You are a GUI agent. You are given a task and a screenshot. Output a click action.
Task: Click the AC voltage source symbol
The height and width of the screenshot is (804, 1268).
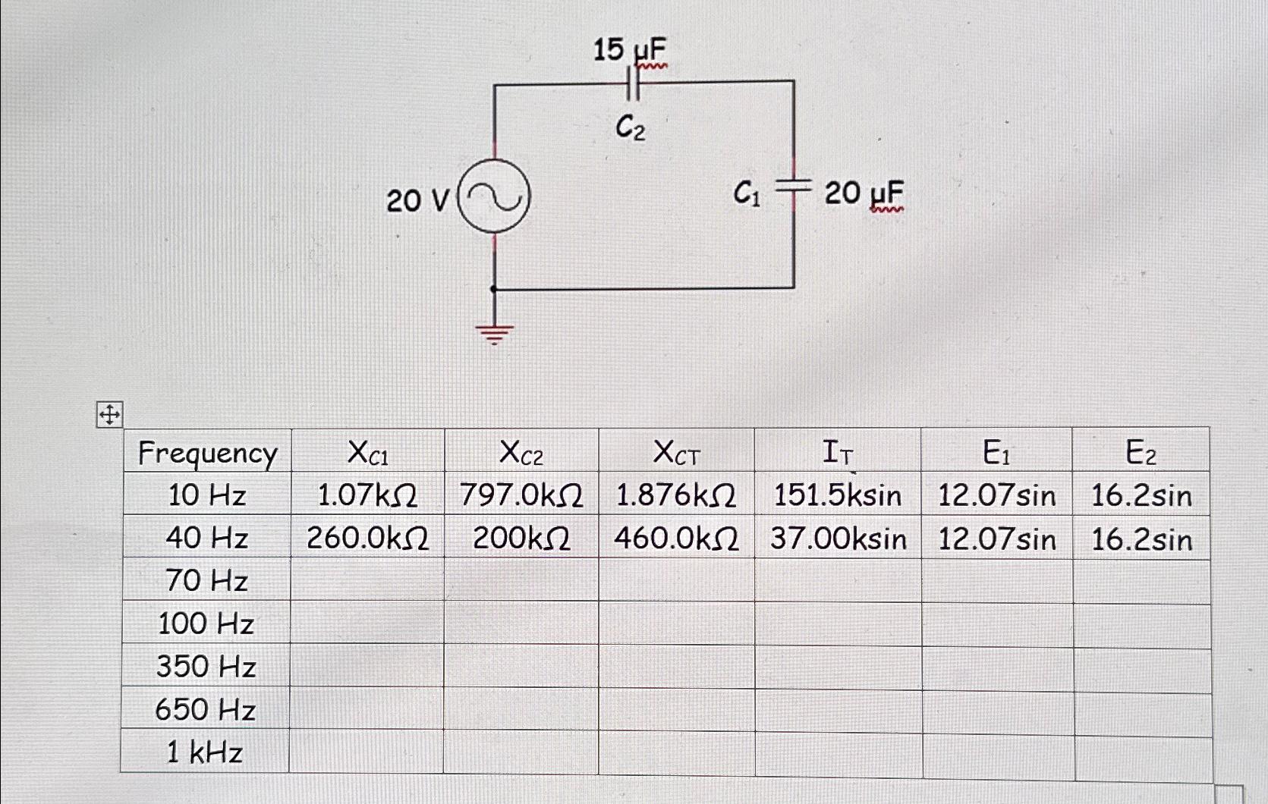pos(495,198)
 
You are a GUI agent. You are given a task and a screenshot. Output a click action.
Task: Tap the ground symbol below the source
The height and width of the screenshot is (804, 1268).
pos(495,331)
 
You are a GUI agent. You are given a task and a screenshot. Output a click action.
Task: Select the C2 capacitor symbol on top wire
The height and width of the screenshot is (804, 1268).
pos(634,85)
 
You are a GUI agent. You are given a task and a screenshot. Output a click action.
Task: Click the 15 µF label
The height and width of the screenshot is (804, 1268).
pos(630,52)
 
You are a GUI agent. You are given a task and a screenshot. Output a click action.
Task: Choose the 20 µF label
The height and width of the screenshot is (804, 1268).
pos(864,194)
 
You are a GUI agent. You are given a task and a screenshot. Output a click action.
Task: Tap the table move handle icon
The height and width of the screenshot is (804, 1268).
pos(109,416)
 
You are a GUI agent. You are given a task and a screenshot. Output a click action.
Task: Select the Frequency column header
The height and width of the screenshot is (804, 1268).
pos(207,453)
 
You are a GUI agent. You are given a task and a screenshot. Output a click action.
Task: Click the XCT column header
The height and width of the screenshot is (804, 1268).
pos(676,454)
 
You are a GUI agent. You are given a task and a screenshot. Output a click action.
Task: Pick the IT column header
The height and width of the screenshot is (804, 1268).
pos(838,454)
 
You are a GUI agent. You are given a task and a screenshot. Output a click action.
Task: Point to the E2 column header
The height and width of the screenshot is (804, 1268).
pos(1141,453)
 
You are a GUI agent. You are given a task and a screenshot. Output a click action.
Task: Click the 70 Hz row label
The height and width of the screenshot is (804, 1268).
pos(206,581)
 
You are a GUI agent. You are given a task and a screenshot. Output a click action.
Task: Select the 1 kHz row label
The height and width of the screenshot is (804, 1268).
pos(205,752)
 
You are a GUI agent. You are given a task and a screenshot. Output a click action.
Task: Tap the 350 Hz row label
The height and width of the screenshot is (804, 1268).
pos(206,667)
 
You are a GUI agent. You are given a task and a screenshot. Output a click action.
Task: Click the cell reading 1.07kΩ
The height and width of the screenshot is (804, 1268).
pos(367,496)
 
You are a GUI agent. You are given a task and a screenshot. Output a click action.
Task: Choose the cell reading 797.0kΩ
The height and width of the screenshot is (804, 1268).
pos(521,496)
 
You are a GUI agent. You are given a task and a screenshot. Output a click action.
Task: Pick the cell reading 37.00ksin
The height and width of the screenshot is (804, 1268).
pos(839,539)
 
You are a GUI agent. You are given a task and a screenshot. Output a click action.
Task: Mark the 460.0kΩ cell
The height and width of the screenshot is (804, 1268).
pos(676,539)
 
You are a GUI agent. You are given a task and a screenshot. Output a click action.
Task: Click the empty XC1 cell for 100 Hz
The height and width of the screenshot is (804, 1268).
pos(367,623)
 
